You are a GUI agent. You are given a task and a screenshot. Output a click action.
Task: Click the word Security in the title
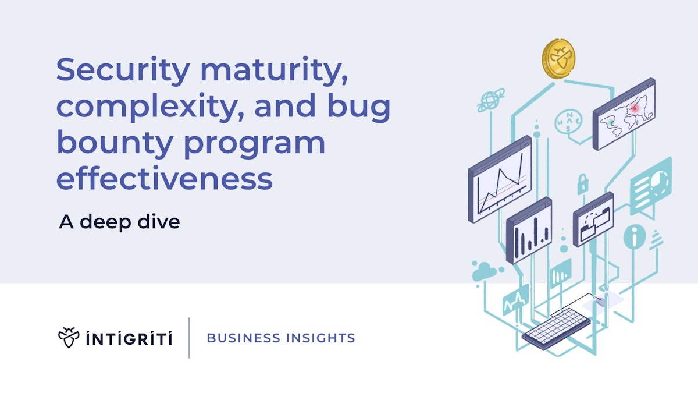tap(123, 72)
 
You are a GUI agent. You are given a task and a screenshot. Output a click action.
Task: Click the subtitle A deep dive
tap(119, 222)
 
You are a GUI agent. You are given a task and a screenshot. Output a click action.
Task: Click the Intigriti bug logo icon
tap(69, 337)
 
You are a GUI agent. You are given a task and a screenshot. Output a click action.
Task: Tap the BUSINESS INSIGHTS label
tap(281, 338)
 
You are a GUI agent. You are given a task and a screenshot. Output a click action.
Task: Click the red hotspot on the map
tap(636, 108)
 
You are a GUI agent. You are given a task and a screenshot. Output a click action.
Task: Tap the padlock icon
tap(582, 184)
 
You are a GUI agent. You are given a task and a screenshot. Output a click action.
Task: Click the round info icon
tap(635, 237)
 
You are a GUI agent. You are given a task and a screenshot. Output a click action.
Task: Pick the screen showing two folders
tap(593, 219)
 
